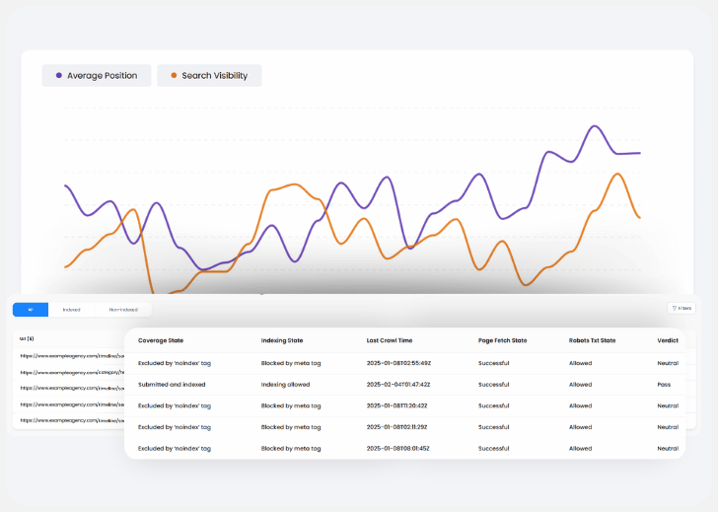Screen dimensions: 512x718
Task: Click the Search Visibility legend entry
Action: click(x=209, y=76)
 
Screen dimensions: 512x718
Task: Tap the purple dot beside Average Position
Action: click(x=59, y=76)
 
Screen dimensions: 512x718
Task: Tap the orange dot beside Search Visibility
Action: click(x=175, y=76)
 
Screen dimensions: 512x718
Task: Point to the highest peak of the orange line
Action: click(x=617, y=175)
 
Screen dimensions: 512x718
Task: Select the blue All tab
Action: click(x=31, y=310)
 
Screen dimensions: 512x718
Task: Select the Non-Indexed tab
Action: click(x=123, y=310)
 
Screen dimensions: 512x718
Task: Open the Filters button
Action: click(x=682, y=309)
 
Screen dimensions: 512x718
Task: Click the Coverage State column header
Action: click(x=161, y=340)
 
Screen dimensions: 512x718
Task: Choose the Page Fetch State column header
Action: click(x=503, y=340)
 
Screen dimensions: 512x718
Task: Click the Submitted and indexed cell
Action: click(x=177, y=385)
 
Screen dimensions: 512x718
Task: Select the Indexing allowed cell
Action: click(x=288, y=385)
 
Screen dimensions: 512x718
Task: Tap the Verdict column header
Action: click(x=668, y=340)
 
